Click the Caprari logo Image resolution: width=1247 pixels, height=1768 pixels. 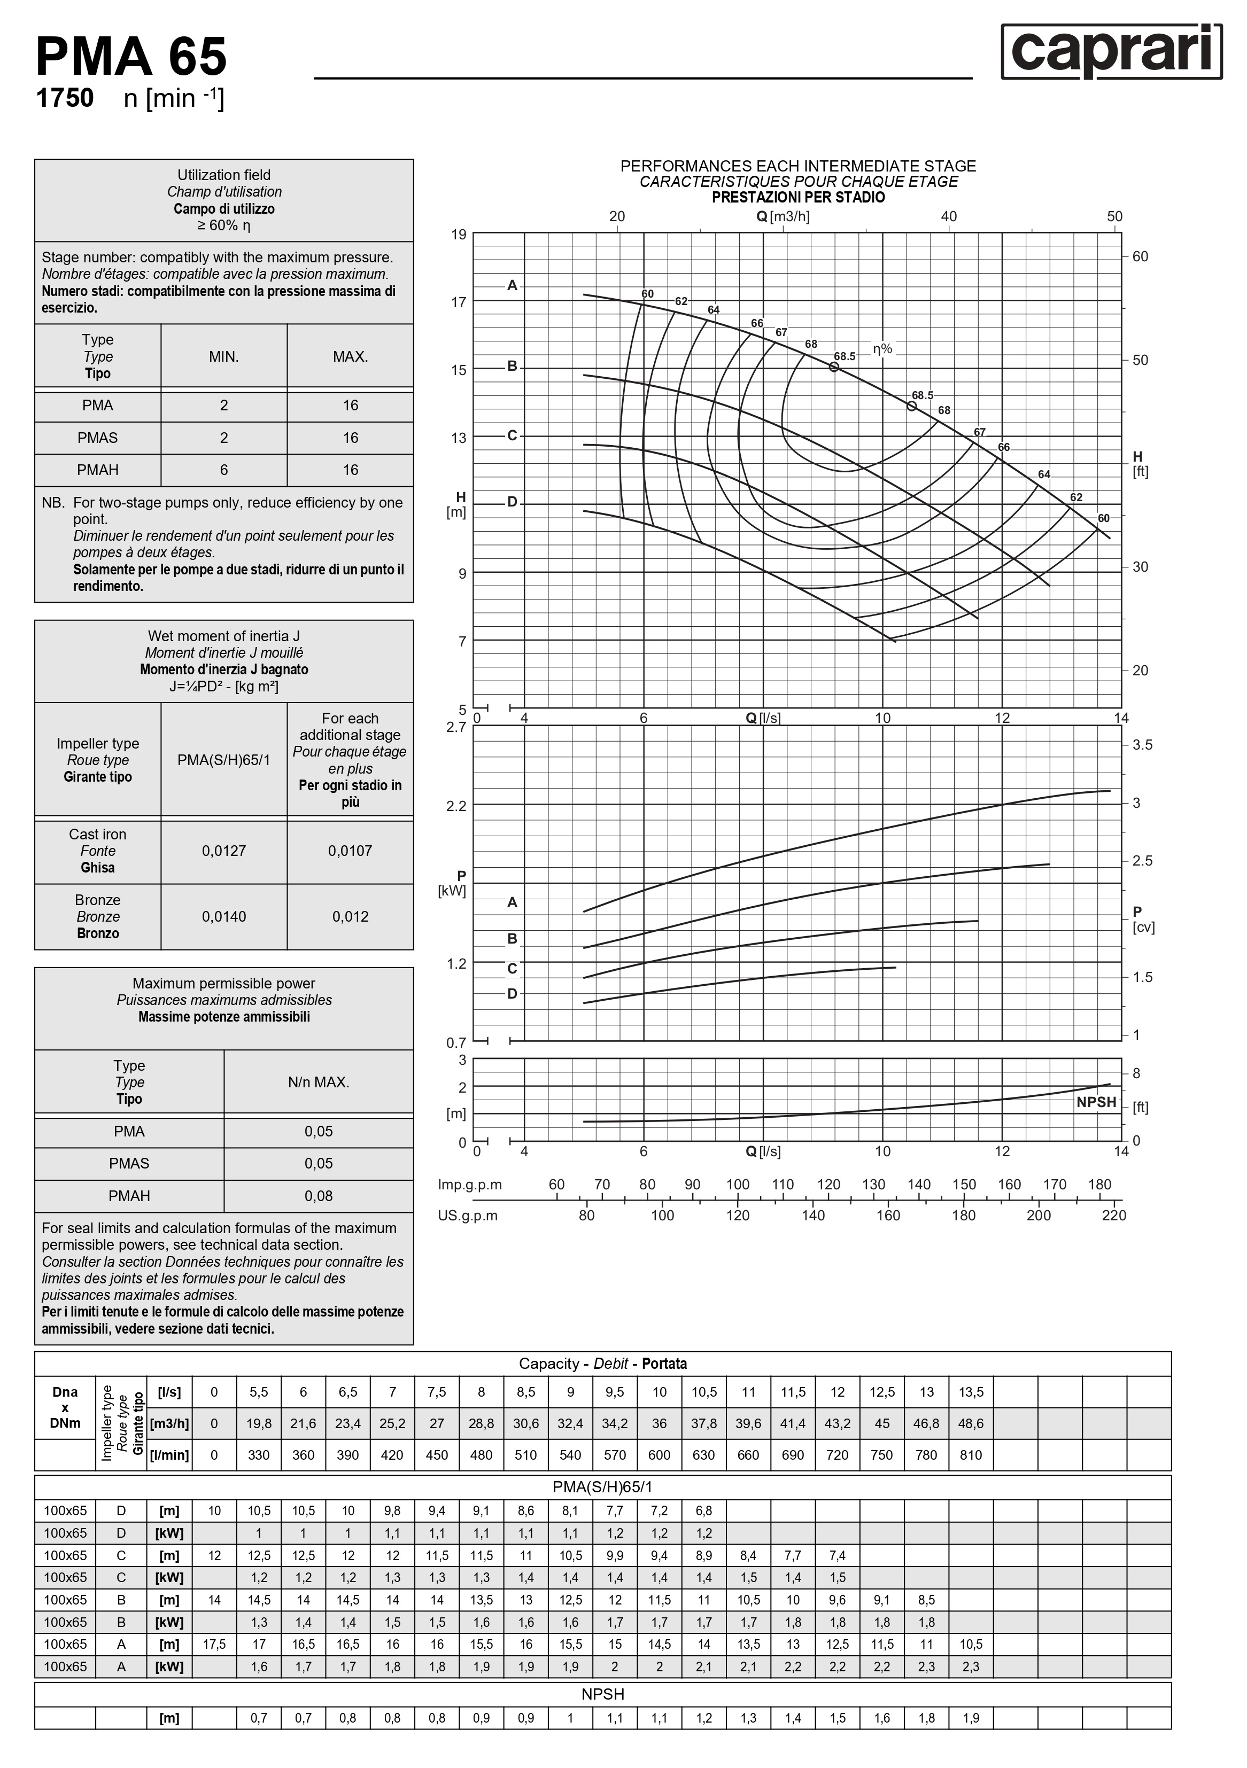tap(1111, 52)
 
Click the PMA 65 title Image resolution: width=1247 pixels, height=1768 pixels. tap(131, 57)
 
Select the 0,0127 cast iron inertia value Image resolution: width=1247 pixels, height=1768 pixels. tap(223, 851)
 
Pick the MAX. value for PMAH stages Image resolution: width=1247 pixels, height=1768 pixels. tap(351, 470)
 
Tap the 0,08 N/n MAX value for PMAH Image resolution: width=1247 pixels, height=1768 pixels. tap(318, 1196)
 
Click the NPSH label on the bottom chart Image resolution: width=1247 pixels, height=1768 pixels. tap(1096, 1102)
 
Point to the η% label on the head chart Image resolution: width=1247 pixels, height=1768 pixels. tap(882, 349)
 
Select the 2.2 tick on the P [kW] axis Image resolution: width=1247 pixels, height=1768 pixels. tap(457, 806)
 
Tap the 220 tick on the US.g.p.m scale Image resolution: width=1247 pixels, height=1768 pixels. tap(1114, 1215)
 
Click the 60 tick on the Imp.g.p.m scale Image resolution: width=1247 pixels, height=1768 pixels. tap(556, 1185)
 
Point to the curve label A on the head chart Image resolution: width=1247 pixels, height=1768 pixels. tap(512, 286)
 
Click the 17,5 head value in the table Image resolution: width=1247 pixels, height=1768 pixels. tap(214, 1644)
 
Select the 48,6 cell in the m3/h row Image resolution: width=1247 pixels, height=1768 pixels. tap(971, 1423)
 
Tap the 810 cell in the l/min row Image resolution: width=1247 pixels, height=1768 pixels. tap(971, 1454)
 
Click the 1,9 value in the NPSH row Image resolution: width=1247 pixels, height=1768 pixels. tap(971, 1718)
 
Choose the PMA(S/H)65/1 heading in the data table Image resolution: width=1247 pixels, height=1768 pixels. tap(602, 1487)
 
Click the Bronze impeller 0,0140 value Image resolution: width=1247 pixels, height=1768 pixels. tap(223, 916)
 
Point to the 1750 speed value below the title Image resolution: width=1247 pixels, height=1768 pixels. tap(65, 98)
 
